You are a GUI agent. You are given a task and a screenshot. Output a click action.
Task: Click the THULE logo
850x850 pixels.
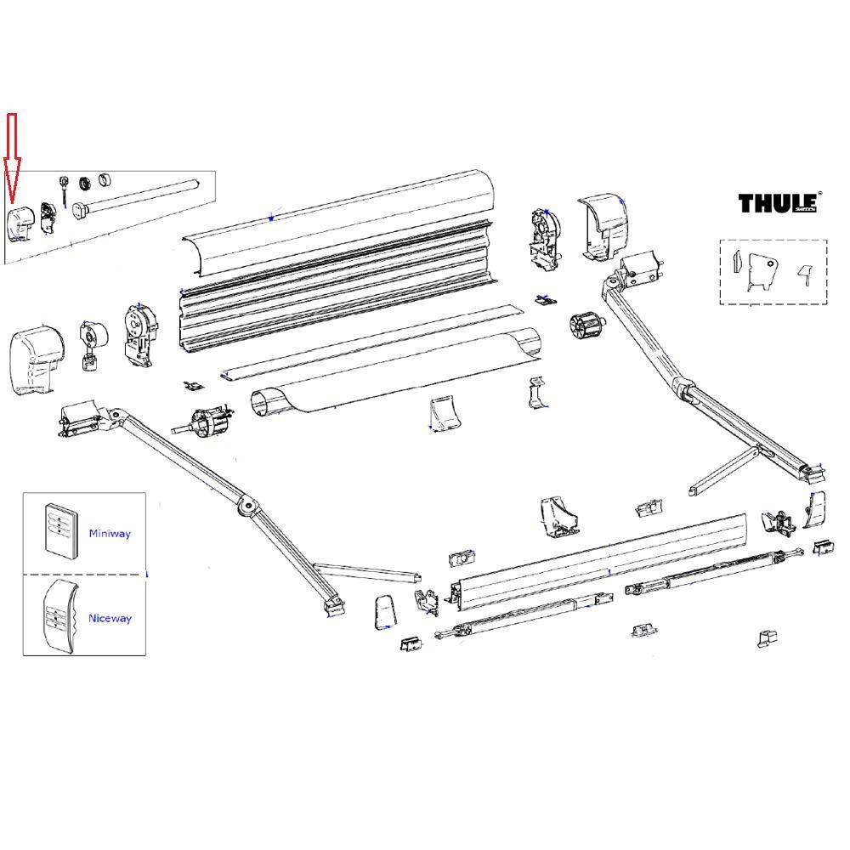(778, 203)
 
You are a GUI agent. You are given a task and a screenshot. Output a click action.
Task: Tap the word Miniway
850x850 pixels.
(110, 534)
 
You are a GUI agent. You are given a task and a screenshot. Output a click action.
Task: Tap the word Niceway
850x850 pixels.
(110, 619)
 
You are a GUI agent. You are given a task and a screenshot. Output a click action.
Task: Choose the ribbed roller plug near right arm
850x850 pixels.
(584, 326)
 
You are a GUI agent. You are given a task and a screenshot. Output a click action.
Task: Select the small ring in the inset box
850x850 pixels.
(106, 180)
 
